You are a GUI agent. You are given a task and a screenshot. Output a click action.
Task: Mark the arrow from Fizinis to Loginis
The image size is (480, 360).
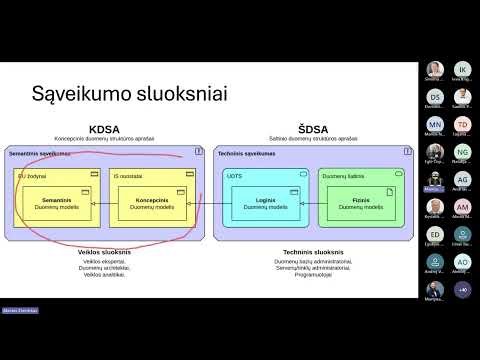click(x=312, y=203)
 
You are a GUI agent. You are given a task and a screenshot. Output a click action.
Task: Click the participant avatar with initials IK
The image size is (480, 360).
click(x=462, y=69)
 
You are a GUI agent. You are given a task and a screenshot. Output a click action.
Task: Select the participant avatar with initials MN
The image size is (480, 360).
click(x=434, y=124)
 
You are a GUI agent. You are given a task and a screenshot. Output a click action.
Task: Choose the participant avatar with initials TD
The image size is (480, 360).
click(x=462, y=124)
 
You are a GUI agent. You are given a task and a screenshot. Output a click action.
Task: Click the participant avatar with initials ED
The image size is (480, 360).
click(x=434, y=234)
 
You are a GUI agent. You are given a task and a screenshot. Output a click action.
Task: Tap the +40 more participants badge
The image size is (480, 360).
click(x=462, y=289)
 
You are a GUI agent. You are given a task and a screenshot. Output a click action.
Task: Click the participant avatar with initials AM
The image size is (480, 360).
click(x=462, y=207)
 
